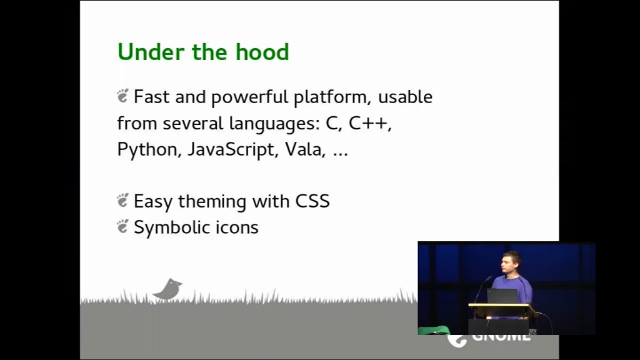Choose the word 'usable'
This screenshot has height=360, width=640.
[405, 97]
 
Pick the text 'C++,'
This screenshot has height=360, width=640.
[370, 123]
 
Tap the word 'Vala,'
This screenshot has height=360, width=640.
[305, 149]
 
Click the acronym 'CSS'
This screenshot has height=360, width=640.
[312, 201]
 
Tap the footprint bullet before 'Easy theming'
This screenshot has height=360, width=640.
[123, 201]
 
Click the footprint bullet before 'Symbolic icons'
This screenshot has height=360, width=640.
[123, 226]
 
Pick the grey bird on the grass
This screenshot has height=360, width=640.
[167, 290]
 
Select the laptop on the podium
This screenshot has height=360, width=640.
[502, 296]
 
